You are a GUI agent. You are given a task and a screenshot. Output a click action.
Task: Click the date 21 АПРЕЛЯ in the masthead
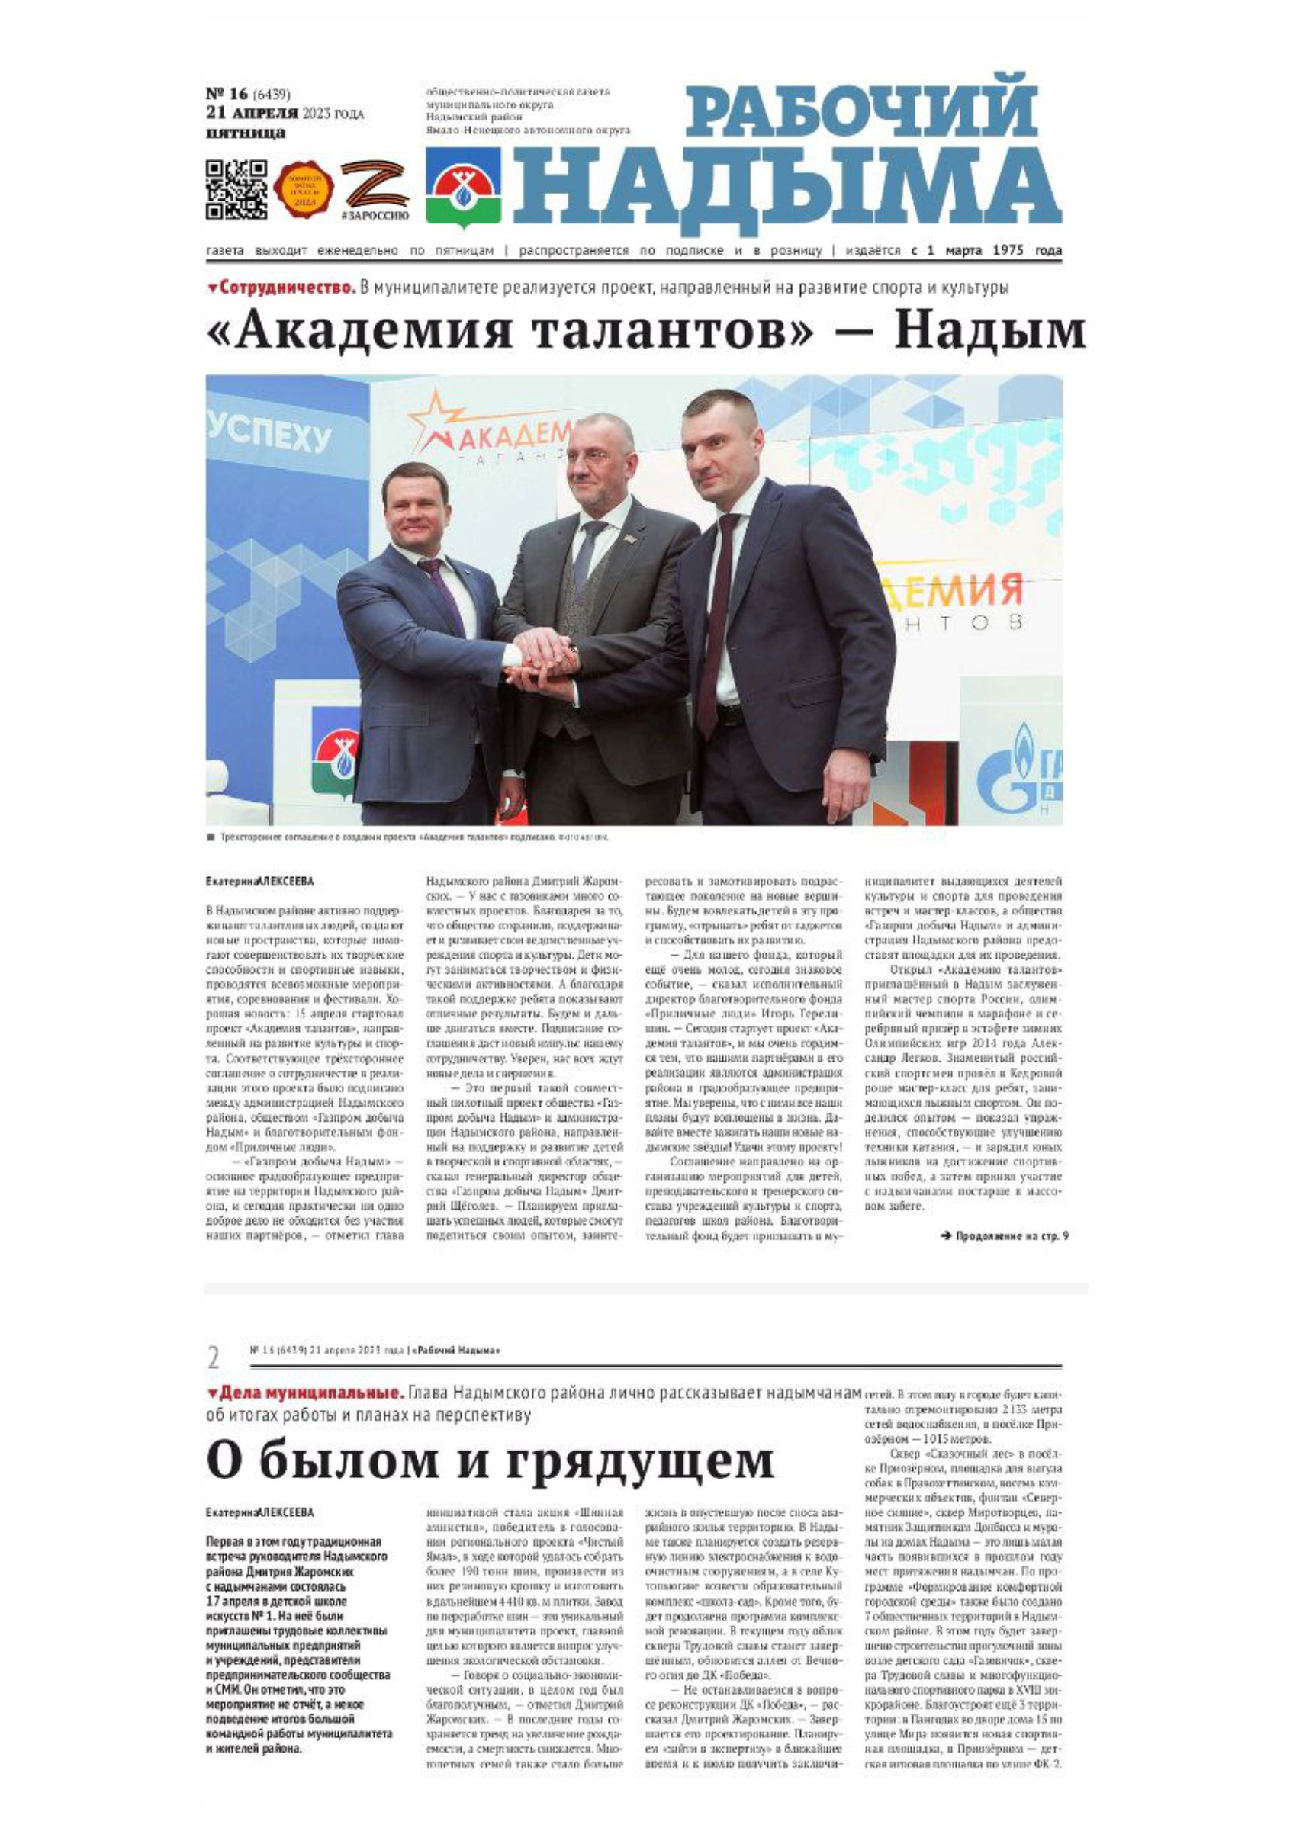[252, 114]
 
